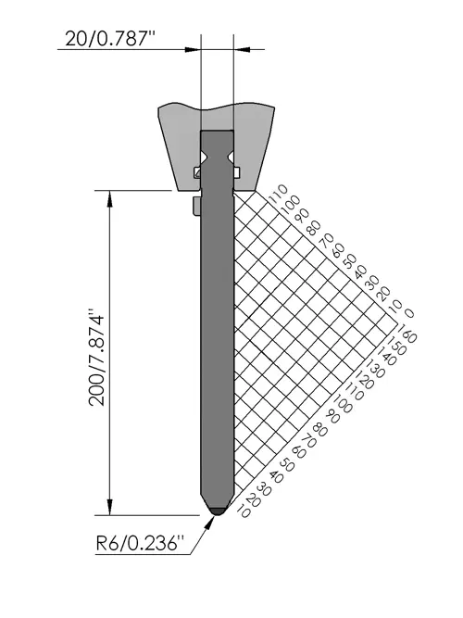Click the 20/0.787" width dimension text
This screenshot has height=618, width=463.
[x=110, y=39]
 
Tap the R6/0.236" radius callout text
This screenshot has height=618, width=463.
[x=140, y=544]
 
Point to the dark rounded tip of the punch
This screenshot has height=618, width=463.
[x=217, y=511]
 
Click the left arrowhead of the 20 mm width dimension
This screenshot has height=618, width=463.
[x=194, y=50]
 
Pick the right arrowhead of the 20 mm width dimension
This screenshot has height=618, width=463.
[x=242, y=50]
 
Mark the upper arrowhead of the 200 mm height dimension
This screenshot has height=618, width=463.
[x=109, y=198]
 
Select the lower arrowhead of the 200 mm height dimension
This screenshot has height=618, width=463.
[x=109, y=507]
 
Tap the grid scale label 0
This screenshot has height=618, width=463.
[x=410, y=314]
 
